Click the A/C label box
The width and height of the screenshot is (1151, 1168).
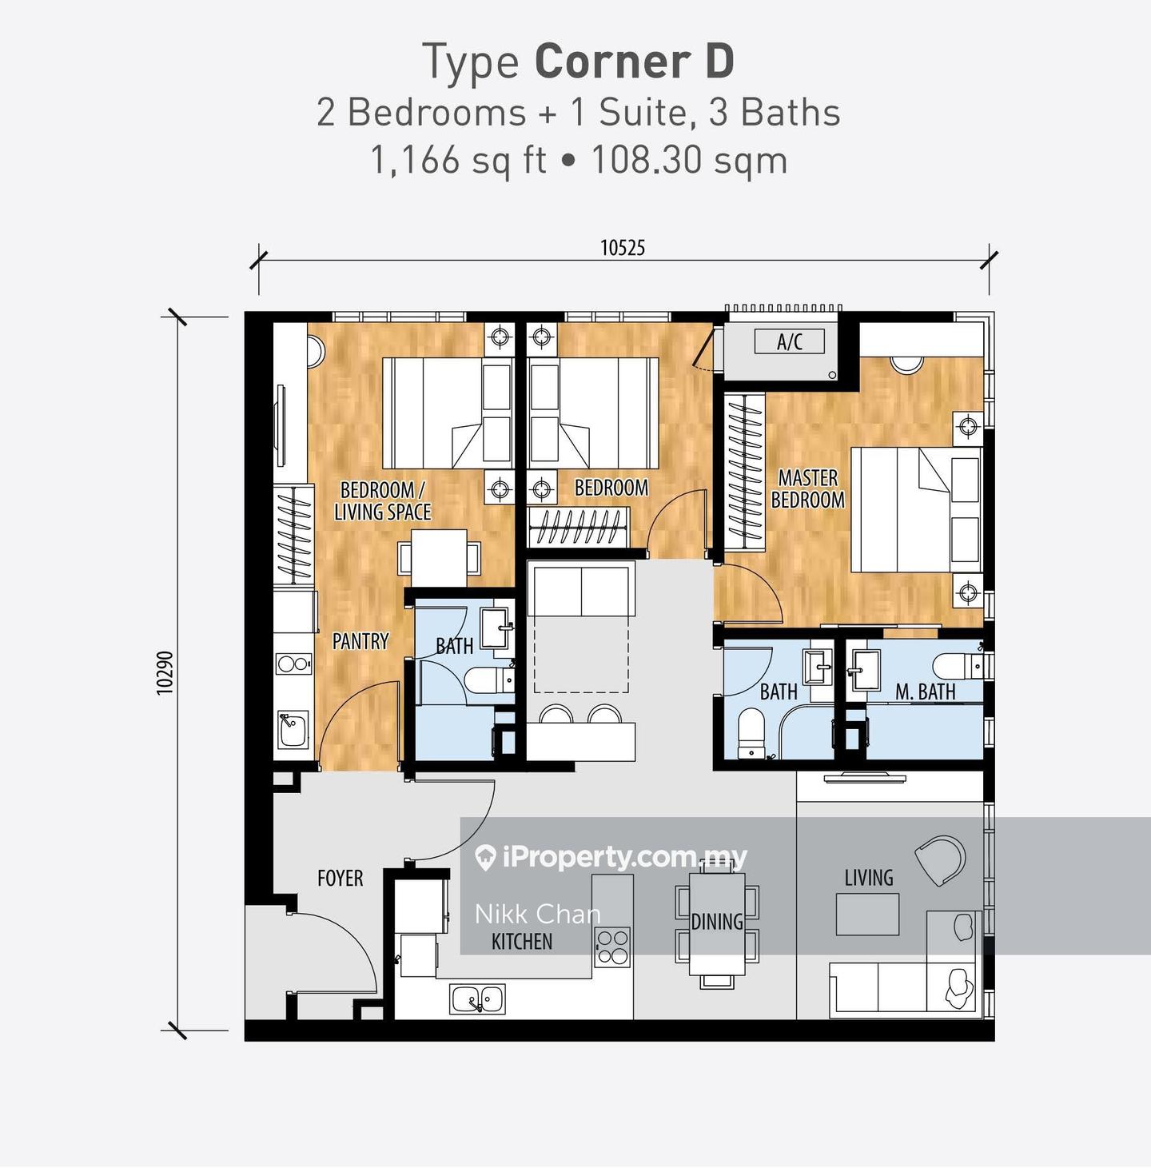[x=789, y=341]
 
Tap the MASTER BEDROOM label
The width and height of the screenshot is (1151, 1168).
[x=807, y=488]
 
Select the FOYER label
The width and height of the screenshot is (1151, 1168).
[x=340, y=878]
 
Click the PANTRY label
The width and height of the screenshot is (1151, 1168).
[x=360, y=640]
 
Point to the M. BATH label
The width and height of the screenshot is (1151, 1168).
[x=925, y=692]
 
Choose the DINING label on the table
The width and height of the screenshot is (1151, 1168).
[x=717, y=922]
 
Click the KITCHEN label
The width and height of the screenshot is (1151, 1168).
[x=522, y=942]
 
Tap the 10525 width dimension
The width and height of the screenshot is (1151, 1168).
[x=623, y=248]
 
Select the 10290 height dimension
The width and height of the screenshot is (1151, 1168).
[x=165, y=673]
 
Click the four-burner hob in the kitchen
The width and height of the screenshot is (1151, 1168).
[x=613, y=947]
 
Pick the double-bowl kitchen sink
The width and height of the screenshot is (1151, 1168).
[x=477, y=999]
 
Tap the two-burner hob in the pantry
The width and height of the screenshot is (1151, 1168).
[x=294, y=664]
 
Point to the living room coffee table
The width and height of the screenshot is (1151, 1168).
[x=867, y=915]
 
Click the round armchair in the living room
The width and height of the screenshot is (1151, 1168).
[x=940, y=860]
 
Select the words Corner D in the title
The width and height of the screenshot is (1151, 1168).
[x=635, y=62]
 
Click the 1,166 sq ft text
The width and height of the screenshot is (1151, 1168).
[x=458, y=160]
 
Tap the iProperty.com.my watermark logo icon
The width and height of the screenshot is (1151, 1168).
[x=484, y=858]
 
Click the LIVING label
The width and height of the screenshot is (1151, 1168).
[x=869, y=877]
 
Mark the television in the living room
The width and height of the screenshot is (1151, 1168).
[x=865, y=777]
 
